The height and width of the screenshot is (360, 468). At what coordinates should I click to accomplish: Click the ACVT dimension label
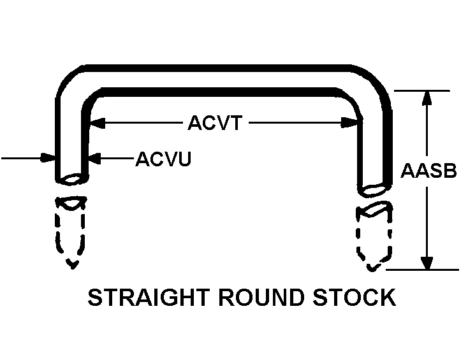coord(215,122)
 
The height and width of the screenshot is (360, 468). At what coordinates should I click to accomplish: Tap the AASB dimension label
coord(428,171)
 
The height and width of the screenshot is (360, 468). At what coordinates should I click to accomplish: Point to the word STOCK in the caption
coord(353,298)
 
